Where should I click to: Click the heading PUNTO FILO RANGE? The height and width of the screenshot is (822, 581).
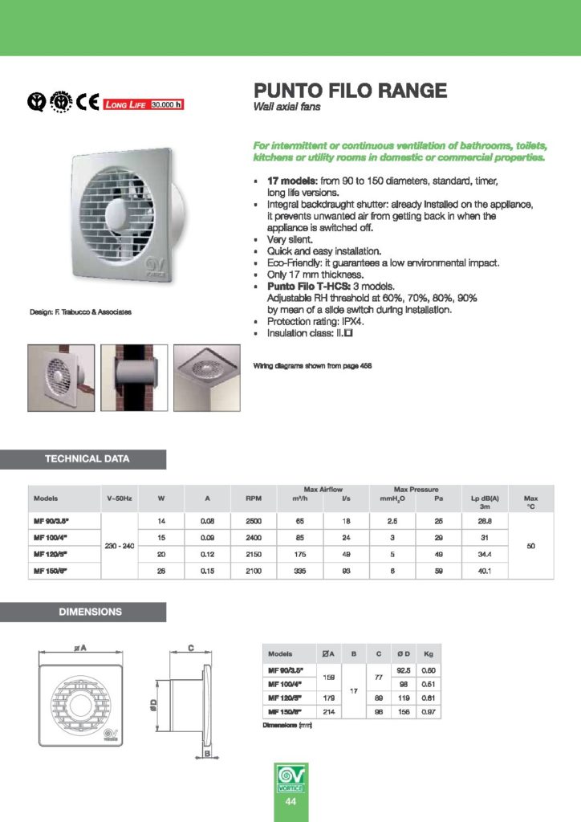coord(349,90)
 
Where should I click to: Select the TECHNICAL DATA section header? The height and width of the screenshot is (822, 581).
coord(92,459)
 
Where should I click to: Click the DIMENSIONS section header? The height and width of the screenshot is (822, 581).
coord(92,612)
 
